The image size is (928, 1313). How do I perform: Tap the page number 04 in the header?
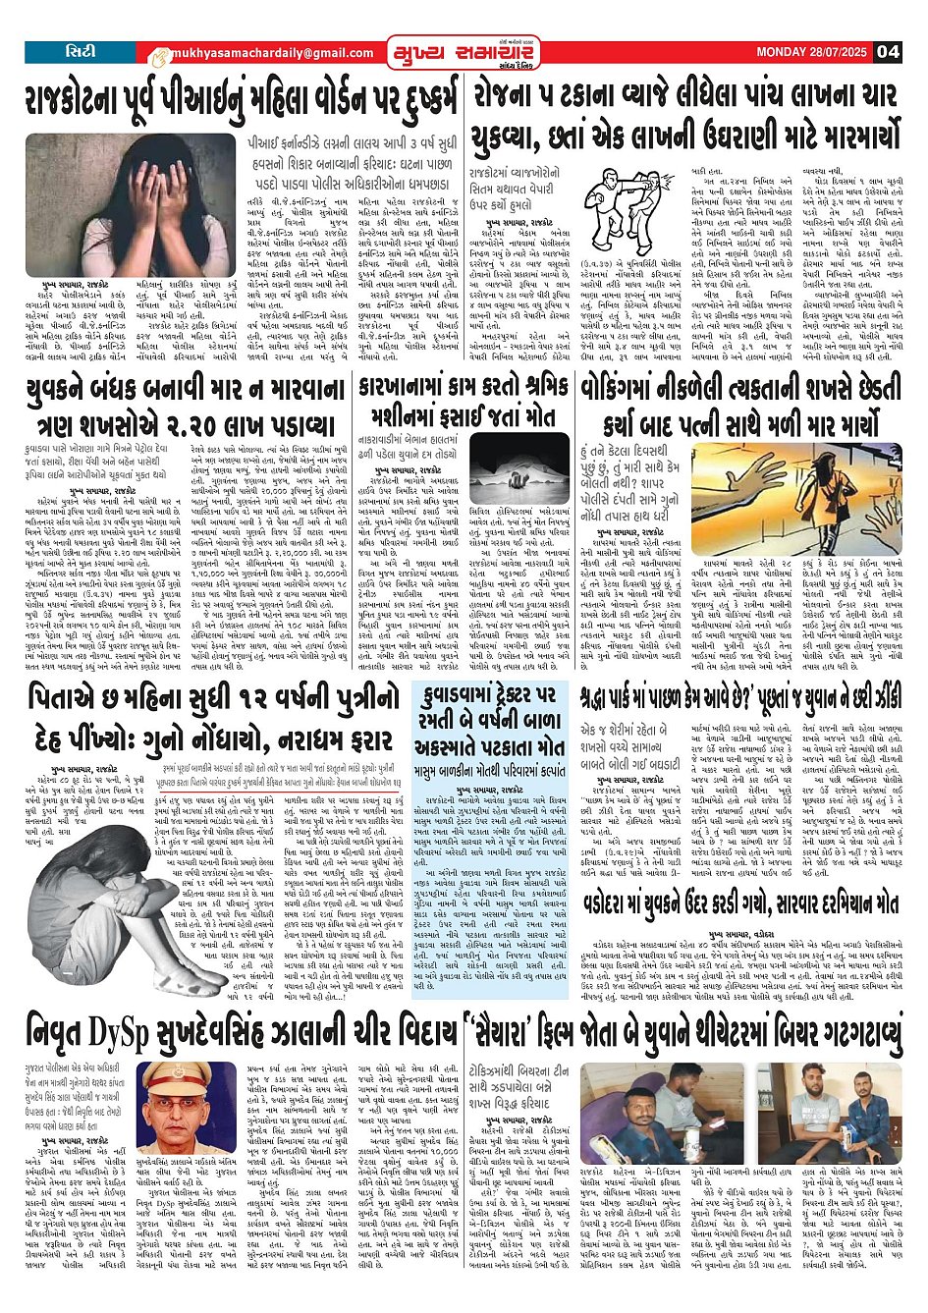click(888, 52)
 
